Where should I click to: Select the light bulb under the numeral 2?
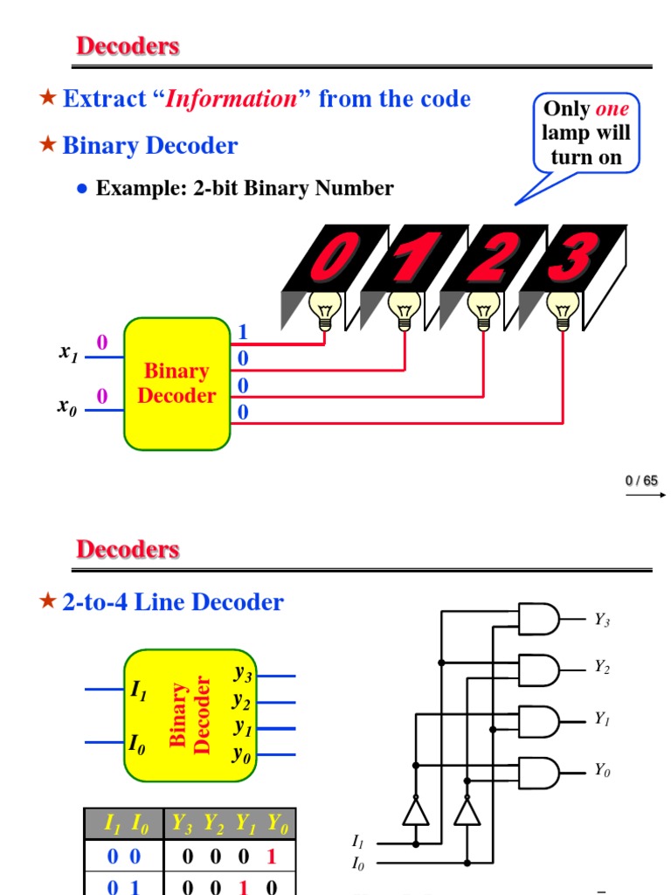(x=482, y=309)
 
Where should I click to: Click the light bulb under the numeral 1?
(x=404, y=309)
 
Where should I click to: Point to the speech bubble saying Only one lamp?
(x=586, y=133)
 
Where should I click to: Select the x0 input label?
(x=67, y=406)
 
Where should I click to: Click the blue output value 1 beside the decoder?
(x=243, y=332)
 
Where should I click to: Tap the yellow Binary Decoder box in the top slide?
(x=176, y=384)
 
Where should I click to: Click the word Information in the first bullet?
(x=232, y=99)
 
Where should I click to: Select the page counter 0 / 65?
(x=641, y=481)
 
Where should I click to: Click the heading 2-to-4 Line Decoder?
(x=173, y=602)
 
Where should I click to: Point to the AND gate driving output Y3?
(x=539, y=619)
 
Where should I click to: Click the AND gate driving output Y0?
(x=539, y=772)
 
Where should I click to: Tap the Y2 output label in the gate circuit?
(x=602, y=667)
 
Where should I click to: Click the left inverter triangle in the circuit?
(x=416, y=812)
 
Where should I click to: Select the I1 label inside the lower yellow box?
(x=138, y=690)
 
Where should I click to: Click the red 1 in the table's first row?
(x=272, y=857)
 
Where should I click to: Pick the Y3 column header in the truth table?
(x=182, y=824)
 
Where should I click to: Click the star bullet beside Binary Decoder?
(x=48, y=145)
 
